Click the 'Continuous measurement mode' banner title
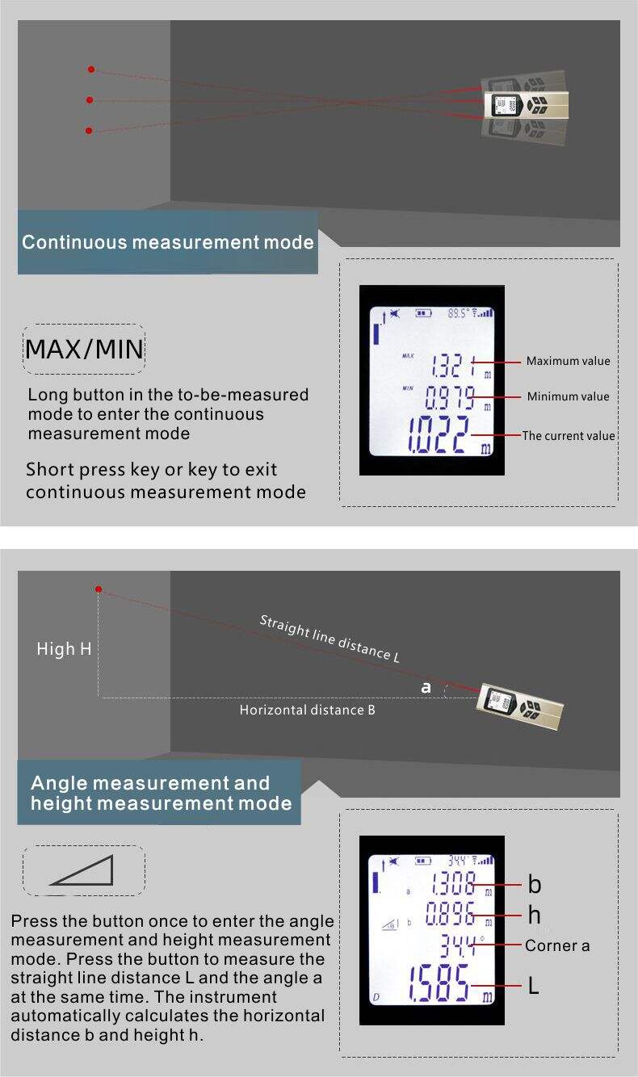[168, 242]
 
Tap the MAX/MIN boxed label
[84, 350]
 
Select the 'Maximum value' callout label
[568, 361]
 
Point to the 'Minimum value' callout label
[568, 396]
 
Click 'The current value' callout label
[569, 436]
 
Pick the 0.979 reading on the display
[449, 397]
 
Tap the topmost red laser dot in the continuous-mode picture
[91, 69]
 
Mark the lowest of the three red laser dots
[89, 131]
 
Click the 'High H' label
[64, 649]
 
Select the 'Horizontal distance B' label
[307, 710]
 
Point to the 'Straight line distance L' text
[329, 638]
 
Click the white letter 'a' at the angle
[426, 688]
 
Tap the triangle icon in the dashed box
[82, 871]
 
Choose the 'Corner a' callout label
[557, 945]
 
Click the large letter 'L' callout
[534, 986]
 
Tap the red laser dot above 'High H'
[99, 589]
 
